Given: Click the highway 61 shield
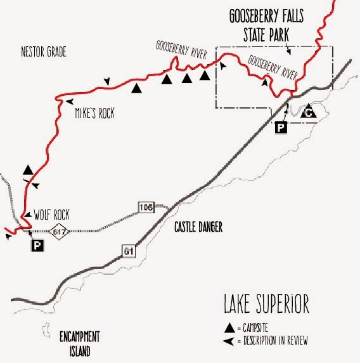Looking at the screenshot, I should (x=129, y=253).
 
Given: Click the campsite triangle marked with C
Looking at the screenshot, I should (x=308, y=112).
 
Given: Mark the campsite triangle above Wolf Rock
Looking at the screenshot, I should (x=27, y=169).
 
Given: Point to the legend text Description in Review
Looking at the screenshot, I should (x=275, y=341).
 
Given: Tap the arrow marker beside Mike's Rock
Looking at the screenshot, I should (x=68, y=102).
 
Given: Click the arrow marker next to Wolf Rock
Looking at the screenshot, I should (x=28, y=213).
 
